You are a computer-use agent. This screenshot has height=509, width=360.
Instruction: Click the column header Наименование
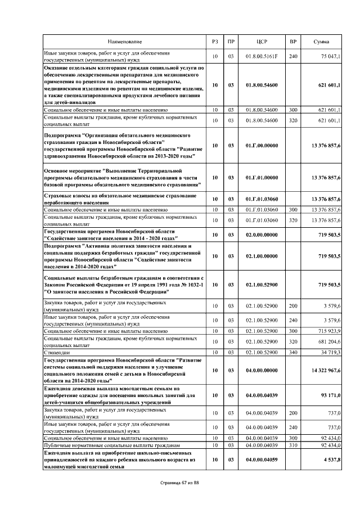click(125, 42)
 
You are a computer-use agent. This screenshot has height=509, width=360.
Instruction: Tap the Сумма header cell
click(322, 42)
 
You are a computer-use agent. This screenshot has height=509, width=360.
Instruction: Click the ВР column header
click(292, 42)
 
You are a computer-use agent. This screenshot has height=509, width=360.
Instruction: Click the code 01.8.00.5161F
click(261, 57)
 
